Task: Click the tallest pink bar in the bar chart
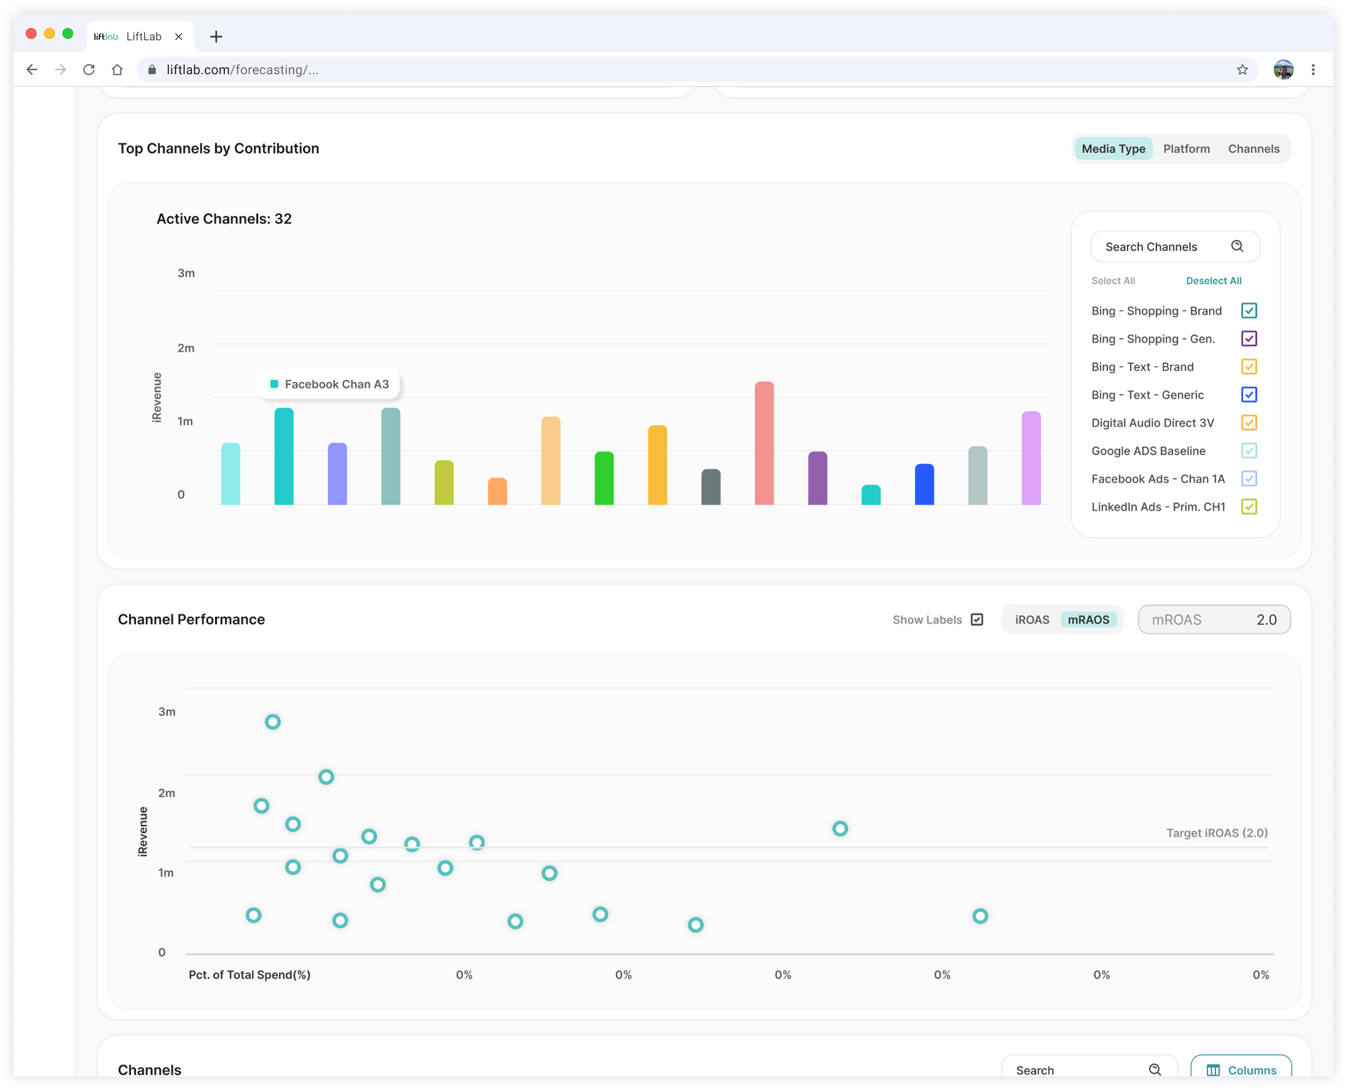pos(764,443)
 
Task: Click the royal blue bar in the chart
pos(925,484)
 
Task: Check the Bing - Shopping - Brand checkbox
pos(1249,311)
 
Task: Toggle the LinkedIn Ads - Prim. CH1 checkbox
pos(1249,507)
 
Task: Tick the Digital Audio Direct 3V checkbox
pos(1249,423)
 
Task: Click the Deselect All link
pos(1213,281)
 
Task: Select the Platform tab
pos(1186,149)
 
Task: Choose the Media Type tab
pos(1113,149)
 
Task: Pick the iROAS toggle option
pos(1032,620)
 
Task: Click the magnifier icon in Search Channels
pos(1237,246)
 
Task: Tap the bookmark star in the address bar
pos(1242,70)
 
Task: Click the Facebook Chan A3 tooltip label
pos(337,384)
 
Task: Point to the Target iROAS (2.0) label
pos(1217,833)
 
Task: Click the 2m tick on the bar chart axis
pos(186,348)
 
